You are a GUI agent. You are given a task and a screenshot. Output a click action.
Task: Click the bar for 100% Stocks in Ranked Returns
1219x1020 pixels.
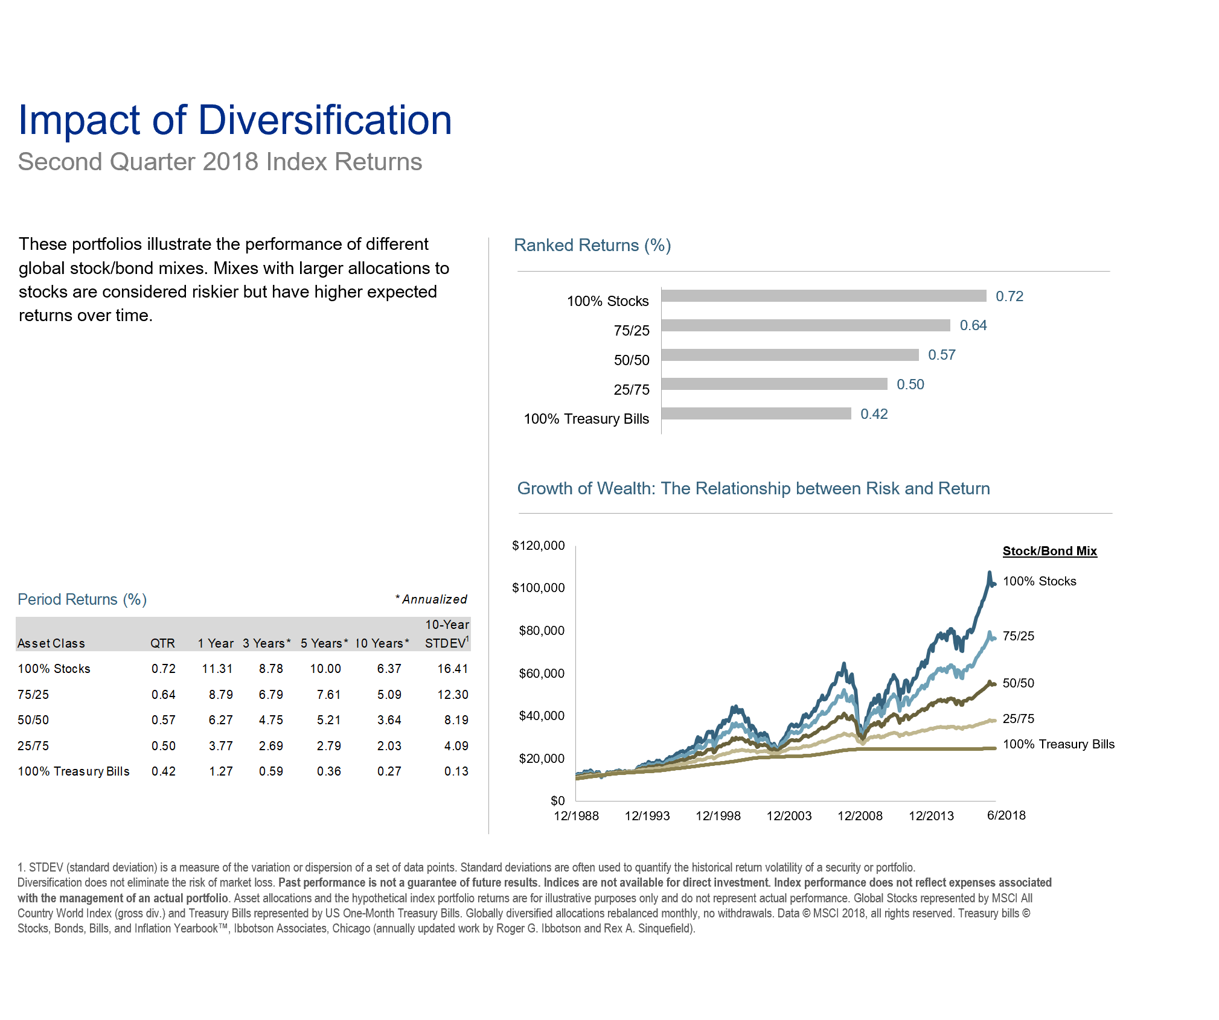(x=824, y=296)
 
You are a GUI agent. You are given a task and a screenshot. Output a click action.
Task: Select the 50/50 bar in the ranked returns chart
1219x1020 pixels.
(x=790, y=355)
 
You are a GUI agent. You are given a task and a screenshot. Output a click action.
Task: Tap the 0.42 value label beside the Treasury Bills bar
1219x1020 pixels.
(x=874, y=414)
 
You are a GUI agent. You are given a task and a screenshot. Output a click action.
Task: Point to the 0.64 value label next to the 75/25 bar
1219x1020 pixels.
(x=973, y=325)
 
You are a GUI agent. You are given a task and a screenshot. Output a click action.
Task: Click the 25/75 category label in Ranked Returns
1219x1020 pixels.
(x=632, y=390)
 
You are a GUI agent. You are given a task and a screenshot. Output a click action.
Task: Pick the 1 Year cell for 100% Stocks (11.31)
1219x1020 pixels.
(x=217, y=669)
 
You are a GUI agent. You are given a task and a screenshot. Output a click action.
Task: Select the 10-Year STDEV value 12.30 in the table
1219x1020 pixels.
(x=452, y=695)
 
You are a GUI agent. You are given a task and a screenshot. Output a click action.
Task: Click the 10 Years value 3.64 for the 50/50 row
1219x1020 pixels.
(x=389, y=720)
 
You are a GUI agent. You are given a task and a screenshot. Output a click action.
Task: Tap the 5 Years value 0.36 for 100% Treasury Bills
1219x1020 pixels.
(x=328, y=771)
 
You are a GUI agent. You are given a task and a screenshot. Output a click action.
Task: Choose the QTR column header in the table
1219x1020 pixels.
(x=162, y=643)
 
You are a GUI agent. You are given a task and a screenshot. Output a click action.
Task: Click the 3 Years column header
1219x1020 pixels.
(x=266, y=643)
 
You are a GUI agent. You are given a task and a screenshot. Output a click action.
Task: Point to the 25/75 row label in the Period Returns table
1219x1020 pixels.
(x=33, y=746)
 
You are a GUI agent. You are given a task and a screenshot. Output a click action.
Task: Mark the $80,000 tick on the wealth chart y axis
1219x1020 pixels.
(x=542, y=631)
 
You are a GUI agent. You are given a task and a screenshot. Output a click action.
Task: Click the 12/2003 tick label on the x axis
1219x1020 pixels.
(x=789, y=816)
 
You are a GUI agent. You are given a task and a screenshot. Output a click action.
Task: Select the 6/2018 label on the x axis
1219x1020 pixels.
(x=1006, y=815)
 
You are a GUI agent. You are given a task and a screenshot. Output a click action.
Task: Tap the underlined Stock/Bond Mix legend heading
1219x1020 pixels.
(x=1049, y=551)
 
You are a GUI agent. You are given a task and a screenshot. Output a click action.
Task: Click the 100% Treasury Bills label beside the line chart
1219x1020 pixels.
(x=1058, y=744)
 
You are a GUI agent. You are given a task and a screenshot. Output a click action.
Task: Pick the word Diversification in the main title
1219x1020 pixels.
(x=325, y=120)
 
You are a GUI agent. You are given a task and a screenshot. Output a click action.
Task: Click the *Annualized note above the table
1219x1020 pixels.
(x=431, y=599)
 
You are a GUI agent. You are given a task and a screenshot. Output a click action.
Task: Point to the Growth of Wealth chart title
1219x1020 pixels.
(x=753, y=488)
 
